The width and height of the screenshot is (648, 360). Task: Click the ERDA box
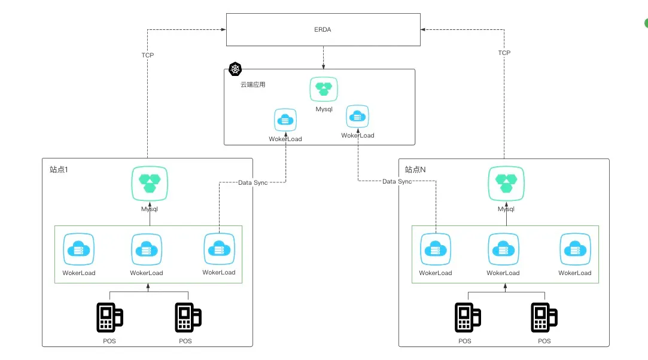pos(323,28)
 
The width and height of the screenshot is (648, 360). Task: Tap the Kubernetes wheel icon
pos(235,69)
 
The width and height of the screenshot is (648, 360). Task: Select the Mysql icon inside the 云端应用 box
pos(324,89)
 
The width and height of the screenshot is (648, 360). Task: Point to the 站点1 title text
pos(59,170)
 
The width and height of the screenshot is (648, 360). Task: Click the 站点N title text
pos(415,170)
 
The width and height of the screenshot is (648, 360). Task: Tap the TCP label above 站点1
pos(147,55)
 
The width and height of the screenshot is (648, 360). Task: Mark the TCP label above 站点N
pos(504,53)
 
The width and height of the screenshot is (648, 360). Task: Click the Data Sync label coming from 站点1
pos(252,182)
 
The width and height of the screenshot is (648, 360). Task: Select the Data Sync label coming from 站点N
pos(397,181)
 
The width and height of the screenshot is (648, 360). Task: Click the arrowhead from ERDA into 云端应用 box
pos(323,66)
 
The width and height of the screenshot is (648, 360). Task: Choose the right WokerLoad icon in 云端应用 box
pos(358,117)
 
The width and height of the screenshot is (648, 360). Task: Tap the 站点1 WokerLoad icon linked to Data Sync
pos(219,249)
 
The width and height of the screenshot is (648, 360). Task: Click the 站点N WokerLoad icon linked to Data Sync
pos(435,249)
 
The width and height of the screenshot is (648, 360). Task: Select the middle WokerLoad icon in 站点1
pos(147,249)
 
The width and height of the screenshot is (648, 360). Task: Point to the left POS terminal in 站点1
pos(109,318)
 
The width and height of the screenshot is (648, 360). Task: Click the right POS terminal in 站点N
pos(544,318)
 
